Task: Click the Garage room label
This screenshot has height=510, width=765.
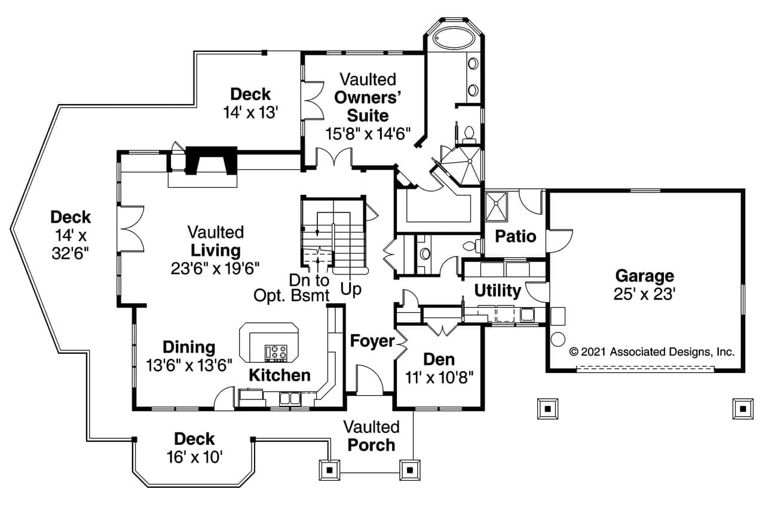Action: (644, 276)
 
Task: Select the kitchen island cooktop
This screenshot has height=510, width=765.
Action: (276, 352)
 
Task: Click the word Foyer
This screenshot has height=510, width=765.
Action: (372, 341)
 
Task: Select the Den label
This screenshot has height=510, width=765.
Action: (439, 359)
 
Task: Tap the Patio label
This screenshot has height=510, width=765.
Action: (515, 236)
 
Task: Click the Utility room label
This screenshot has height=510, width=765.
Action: (497, 291)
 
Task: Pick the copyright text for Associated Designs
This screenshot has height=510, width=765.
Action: (652, 352)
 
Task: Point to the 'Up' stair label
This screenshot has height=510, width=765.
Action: (351, 290)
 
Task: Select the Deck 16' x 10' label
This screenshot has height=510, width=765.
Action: (194, 448)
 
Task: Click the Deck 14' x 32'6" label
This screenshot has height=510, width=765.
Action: (71, 235)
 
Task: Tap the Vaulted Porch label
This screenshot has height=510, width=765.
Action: (371, 436)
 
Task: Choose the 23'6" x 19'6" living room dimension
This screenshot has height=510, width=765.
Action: (215, 267)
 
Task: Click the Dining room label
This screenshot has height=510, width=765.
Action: (189, 347)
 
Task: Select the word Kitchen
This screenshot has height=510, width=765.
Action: (279, 375)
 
